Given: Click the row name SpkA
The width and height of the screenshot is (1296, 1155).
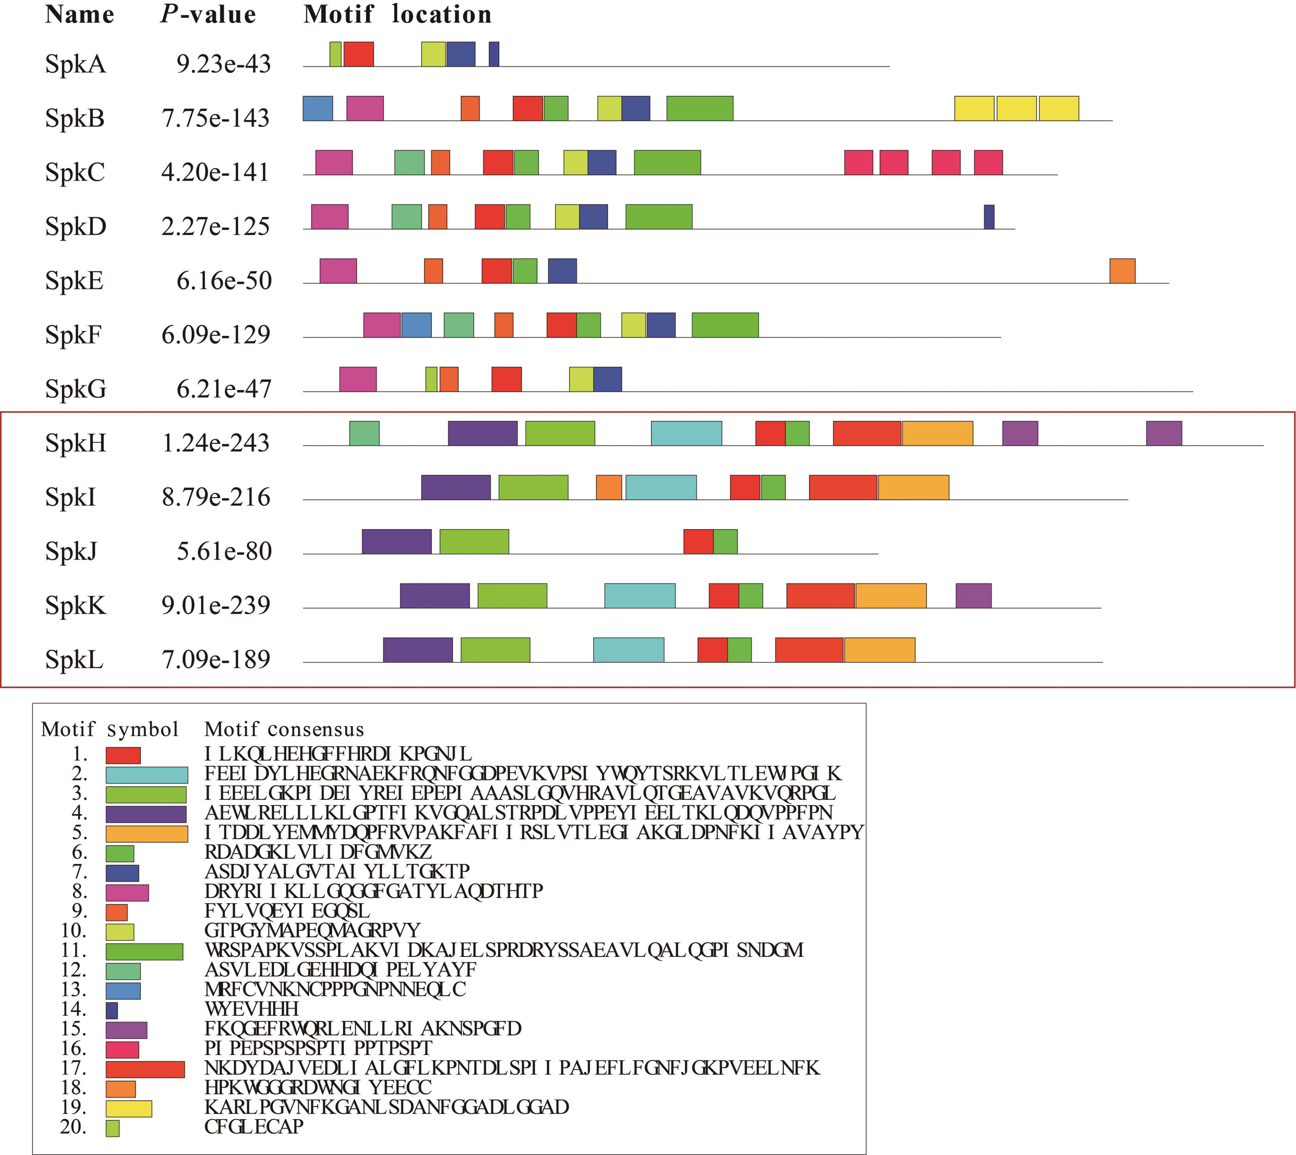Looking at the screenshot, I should coord(75,64).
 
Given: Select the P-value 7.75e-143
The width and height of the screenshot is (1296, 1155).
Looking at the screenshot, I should coord(216,118).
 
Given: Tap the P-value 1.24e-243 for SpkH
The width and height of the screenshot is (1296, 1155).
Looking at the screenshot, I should coord(216,443).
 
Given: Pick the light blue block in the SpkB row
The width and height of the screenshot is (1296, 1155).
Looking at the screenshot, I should coord(318,109).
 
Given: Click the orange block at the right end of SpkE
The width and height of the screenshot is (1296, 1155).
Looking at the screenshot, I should coord(1122,271).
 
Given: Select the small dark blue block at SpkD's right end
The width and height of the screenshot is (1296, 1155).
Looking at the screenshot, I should coord(989,217).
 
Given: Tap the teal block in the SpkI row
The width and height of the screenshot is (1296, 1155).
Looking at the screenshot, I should coord(661,488).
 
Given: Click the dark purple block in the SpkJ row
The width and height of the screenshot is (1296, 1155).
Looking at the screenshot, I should coord(397,541).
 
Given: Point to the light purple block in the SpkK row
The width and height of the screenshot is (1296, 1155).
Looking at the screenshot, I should coord(973,596).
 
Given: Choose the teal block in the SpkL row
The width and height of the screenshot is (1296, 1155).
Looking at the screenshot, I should coord(628,650).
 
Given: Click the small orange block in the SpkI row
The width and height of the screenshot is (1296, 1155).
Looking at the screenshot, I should coord(609,488).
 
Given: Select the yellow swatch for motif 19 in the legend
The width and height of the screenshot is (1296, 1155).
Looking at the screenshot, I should coord(129,1108).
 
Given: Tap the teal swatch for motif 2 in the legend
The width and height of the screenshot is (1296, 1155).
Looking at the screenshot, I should coord(147,775).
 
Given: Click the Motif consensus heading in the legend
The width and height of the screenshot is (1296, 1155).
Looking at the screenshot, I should coord(284,729).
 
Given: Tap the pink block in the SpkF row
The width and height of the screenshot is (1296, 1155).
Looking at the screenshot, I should coord(382,325).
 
